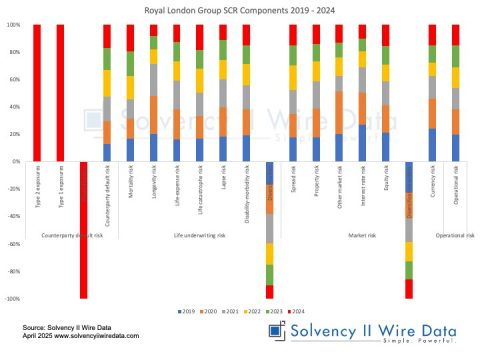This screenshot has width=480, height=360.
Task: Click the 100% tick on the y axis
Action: tap(16, 25)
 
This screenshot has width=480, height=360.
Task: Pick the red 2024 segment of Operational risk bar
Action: tap(455, 34)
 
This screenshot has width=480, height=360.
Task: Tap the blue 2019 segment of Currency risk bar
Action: tap(432, 145)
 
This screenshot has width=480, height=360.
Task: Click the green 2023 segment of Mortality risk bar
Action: tap(129, 64)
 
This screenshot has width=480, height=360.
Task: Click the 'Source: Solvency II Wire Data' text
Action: tap(60, 327)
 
